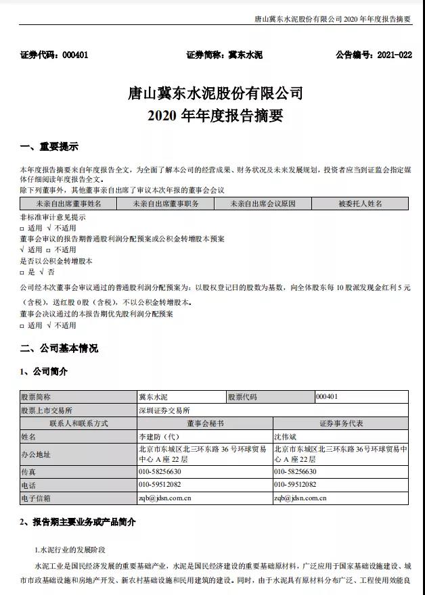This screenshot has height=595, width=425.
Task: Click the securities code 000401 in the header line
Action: (74, 55)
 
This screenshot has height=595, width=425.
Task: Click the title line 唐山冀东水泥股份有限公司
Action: (215, 93)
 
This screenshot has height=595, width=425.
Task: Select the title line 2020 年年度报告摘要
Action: (215, 115)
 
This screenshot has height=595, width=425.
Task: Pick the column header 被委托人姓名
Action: (360, 203)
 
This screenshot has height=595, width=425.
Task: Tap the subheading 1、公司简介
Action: (44, 371)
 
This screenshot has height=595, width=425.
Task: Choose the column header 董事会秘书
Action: (204, 423)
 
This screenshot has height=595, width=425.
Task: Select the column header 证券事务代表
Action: (340, 423)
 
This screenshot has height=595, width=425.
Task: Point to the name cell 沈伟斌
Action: (286, 437)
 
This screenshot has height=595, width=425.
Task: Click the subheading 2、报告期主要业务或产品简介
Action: (78, 522)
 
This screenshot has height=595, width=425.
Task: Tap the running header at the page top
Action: (332, 19)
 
